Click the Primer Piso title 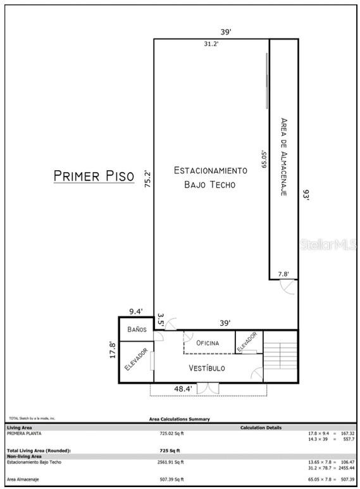[94, 175]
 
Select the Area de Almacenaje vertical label [284, 156]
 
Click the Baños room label [137, 330]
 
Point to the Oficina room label [208, 343]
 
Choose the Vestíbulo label [207, 368]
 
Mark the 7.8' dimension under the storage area [283, 274]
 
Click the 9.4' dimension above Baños [136, 311]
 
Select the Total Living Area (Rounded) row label [39, 450]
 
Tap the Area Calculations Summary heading [179, 419]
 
